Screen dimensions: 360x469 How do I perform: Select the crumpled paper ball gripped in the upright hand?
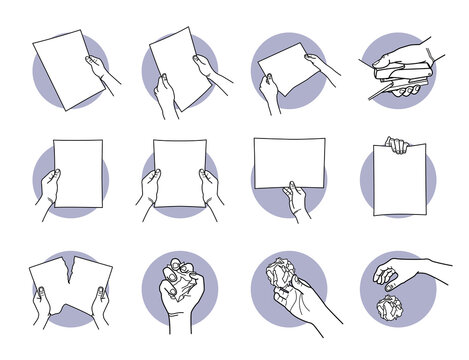pyautogui.click(x=278, y=275)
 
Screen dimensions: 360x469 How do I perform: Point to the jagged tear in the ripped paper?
pyautogui.click(x=70, y=273)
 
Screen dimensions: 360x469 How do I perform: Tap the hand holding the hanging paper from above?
pyautogui.click(x=397, y=145)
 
